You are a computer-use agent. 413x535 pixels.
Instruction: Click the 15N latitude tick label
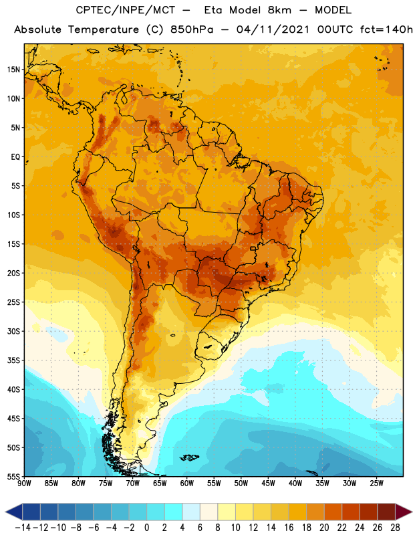click(x=13, y=70)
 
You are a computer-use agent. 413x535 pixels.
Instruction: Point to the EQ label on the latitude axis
click(x=15, y=157)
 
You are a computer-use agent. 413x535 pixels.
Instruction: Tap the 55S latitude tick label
click(x=13, y=476)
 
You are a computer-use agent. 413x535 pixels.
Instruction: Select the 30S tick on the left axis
click(x=13, y=331)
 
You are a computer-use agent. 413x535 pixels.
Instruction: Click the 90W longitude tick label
click(x=24, y=484)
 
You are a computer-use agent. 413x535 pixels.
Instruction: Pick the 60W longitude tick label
click(x=187, y=484)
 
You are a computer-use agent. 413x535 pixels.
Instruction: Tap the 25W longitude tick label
click(x=376, y=484)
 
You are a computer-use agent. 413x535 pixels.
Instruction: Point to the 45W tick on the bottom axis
click(x=268, y=484)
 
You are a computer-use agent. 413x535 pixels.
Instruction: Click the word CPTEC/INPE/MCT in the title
click(x=125, y=10)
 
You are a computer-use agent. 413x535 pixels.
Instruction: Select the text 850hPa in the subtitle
click(x=192, y=29)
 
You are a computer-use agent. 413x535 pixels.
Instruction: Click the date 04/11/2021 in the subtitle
click(x=273, y=29)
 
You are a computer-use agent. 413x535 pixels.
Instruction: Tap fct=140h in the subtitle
click(x=386, y=29)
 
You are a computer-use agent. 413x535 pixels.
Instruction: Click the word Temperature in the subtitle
click(x=104, y=30)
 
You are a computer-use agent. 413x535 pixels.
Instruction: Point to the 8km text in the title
click(x=279, y=10)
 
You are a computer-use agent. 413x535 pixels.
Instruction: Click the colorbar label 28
click(x=395, y=528)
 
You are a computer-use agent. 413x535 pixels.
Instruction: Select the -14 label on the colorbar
click(x=23, y=528)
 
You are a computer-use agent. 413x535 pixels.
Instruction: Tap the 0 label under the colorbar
click(x=146, y=528)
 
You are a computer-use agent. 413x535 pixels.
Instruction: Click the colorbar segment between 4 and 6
click(x=191, y=512)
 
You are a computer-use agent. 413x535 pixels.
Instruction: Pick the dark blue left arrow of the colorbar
click(x=13, y=512)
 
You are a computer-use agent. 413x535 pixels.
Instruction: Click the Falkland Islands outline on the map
click(x=189, y=457)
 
